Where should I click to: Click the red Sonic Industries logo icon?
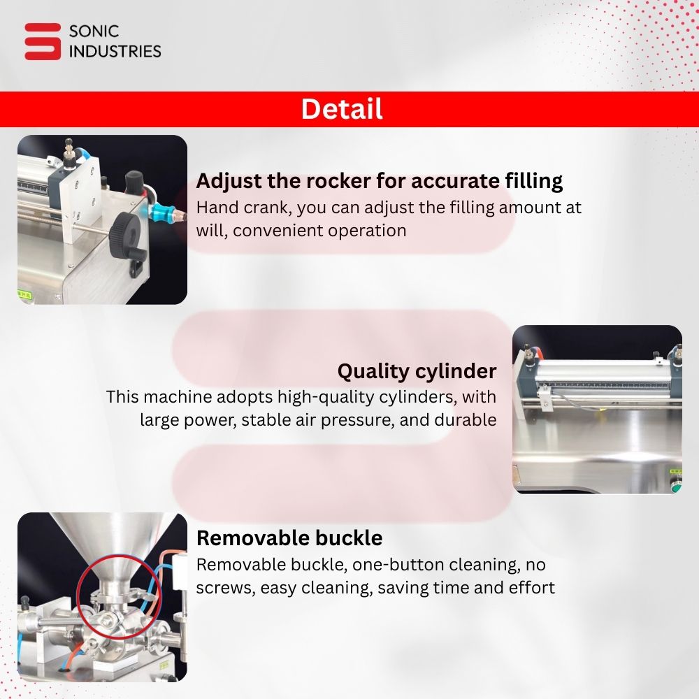click(x=43, y=41)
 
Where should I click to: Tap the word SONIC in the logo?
click(x=94, y=31)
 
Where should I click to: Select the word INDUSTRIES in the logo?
click(x=115, y=51)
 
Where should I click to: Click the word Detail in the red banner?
click(x=342, y=109)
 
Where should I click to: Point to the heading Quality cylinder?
click(x=417, y=371)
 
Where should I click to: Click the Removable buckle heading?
click(x=289, y=538)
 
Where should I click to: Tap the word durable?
click(x=466, y=419)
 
